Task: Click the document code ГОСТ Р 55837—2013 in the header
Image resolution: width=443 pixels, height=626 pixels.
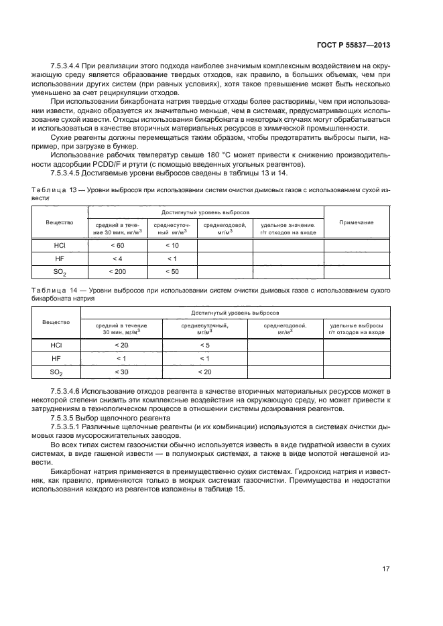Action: [354, 44]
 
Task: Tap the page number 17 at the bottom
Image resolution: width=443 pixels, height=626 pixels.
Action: [386, 569]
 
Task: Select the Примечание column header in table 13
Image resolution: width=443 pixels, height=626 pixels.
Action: [357, 222]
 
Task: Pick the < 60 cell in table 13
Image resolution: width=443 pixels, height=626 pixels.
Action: [117, 246]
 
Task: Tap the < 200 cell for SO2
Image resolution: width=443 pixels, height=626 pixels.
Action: [117, 272]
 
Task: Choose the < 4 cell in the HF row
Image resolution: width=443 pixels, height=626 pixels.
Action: [117, 258]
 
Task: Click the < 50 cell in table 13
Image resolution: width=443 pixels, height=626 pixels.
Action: [172, 272]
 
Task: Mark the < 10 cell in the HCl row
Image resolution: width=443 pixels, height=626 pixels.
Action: [172, 246]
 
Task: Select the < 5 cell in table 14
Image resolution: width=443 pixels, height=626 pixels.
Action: [204, 345]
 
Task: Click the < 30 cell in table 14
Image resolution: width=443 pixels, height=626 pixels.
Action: [121, 372]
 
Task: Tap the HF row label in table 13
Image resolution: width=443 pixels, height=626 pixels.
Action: [60, 258]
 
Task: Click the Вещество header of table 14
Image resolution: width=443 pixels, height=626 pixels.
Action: [56, 322]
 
